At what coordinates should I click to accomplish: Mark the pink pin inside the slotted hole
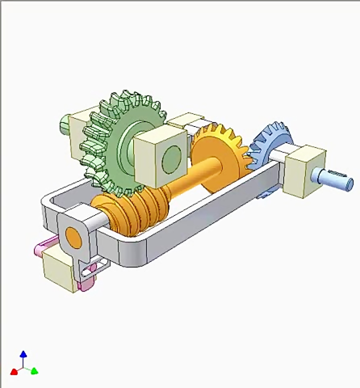click(x=93, y=267)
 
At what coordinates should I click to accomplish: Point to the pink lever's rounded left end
click(x=38, y=250)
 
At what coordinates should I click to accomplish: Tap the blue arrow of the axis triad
click(x=24, y=354)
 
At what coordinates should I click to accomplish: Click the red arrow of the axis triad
click(x=14, y=371)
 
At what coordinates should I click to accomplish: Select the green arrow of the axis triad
click(x=34, y=371)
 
